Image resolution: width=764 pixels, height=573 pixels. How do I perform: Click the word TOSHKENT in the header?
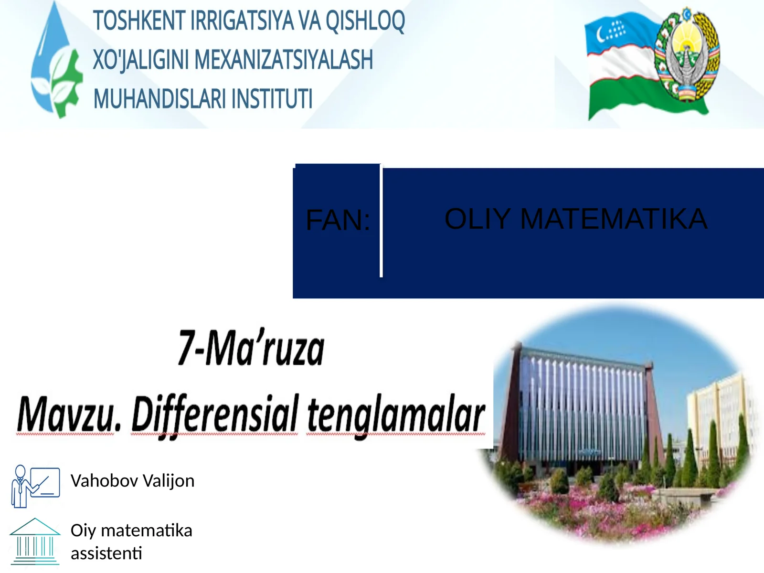coord(139,21)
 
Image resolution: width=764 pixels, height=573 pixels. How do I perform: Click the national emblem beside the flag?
coord(688,55)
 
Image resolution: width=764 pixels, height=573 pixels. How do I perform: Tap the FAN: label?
coord(338,221)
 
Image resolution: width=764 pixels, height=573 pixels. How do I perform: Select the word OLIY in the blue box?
coord(477,219)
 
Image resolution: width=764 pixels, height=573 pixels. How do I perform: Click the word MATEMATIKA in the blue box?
coord(613,219)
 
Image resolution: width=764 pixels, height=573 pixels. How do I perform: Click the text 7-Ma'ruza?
coord(251,348)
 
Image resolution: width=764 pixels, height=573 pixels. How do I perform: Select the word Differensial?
coord(214,414)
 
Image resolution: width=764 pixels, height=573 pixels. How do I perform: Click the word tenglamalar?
coord(396,414)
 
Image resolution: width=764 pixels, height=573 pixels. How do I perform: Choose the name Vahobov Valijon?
coord(132,480)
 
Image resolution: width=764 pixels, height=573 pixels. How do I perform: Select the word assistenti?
coord(106,553)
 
